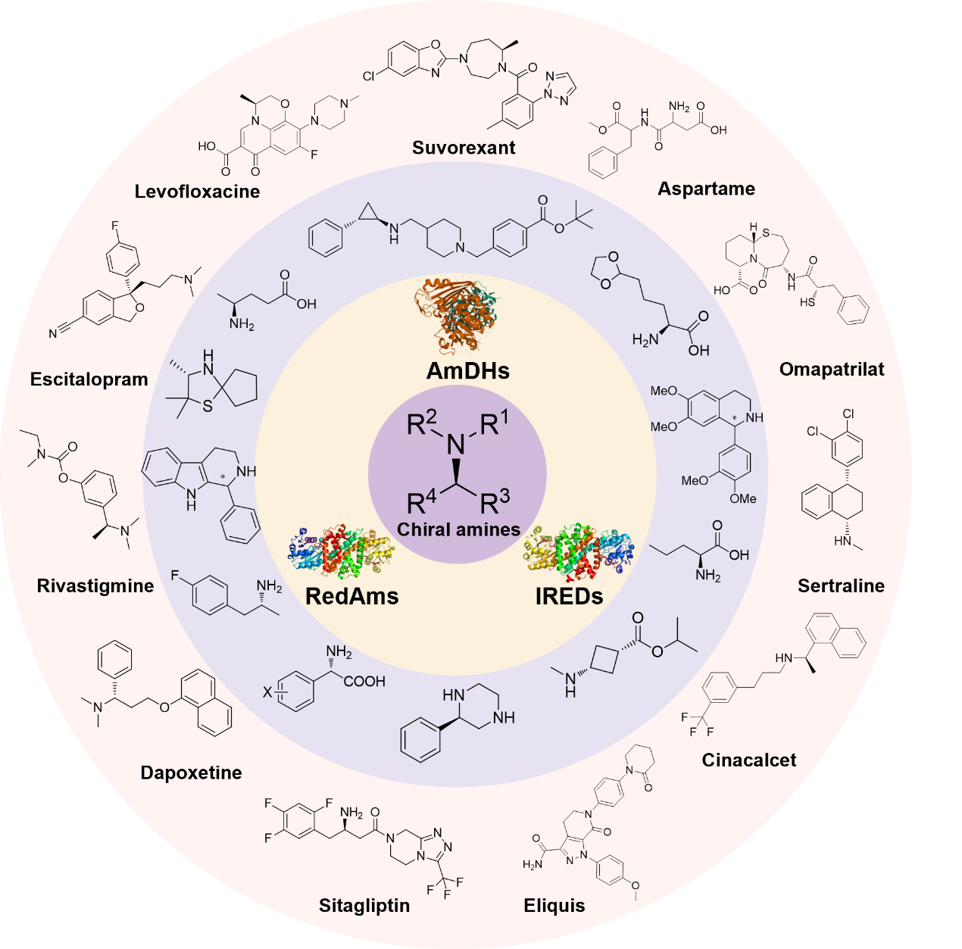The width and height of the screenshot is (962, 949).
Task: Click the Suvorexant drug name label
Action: click(464, 148)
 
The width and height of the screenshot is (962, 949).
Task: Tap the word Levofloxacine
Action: click(197, 192)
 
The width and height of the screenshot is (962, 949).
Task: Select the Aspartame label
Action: click(706, 189)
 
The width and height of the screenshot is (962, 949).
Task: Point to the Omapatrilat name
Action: click(832, 369)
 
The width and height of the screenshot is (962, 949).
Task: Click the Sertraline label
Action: click(841, 585)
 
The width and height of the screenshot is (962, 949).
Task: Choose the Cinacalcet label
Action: click(749, 760)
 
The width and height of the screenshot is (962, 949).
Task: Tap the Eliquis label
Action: click(554, 906)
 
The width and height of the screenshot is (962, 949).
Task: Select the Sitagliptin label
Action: click(364, 905)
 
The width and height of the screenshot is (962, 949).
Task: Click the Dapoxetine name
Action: click(192, 773)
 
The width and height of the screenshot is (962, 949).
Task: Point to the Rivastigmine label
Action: click(95, 585)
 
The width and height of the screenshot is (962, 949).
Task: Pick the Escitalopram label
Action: click(89, 379)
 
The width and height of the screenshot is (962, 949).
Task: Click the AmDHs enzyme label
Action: click(468, 370)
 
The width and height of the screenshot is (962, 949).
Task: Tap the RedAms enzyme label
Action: click(352, 596)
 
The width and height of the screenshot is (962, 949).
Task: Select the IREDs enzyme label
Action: click(569, 596)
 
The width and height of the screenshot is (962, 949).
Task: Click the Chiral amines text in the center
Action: click(459, 529)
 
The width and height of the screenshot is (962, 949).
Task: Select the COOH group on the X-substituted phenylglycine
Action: click(364, 682)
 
